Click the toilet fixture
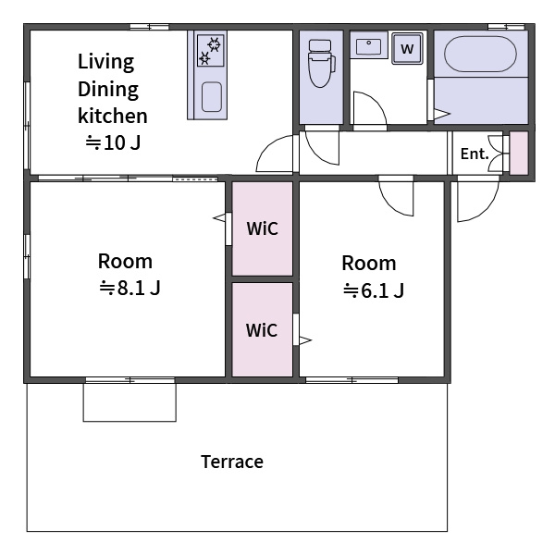pyautogui.click(x=321, y=64)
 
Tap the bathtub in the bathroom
pyautogui.click(x=480, y=54)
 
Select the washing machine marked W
pyautogui.click(x=407, y=48)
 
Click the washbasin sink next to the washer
pyautogui.click(x=368, y=46)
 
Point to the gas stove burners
pyautogui.click(x=210, y=50)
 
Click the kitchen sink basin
pyautogui.click(x=212, y=96)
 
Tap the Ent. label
pyautogui.click(x=475, y=154)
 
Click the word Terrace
pyautogui.click(x=232, y=462)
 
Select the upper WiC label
pyautogui.click(x=263, y=228)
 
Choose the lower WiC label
pyautogui.click(x=262, y=330)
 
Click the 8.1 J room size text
pyautogui.click(x=129, y=288)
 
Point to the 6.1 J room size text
pyautogui.click(x=374, y=290)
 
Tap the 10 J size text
pyautogui.click(x=113, y=142)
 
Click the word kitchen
pyautogui.click(x=113, y=116)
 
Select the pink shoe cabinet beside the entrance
pyautogui.click(x=519, y=153)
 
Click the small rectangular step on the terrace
pyautogui.click(x=129, y=402)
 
